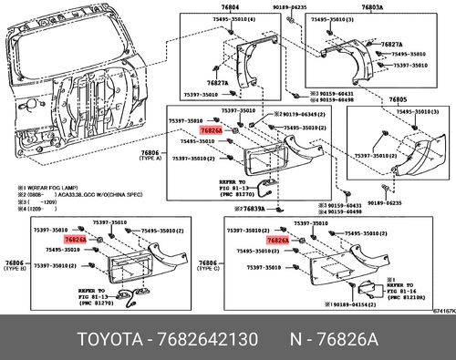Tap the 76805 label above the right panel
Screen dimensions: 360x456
pos(399,100)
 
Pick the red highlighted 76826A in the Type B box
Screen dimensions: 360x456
pos(77,239)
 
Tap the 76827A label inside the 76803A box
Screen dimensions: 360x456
pos(392,44)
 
